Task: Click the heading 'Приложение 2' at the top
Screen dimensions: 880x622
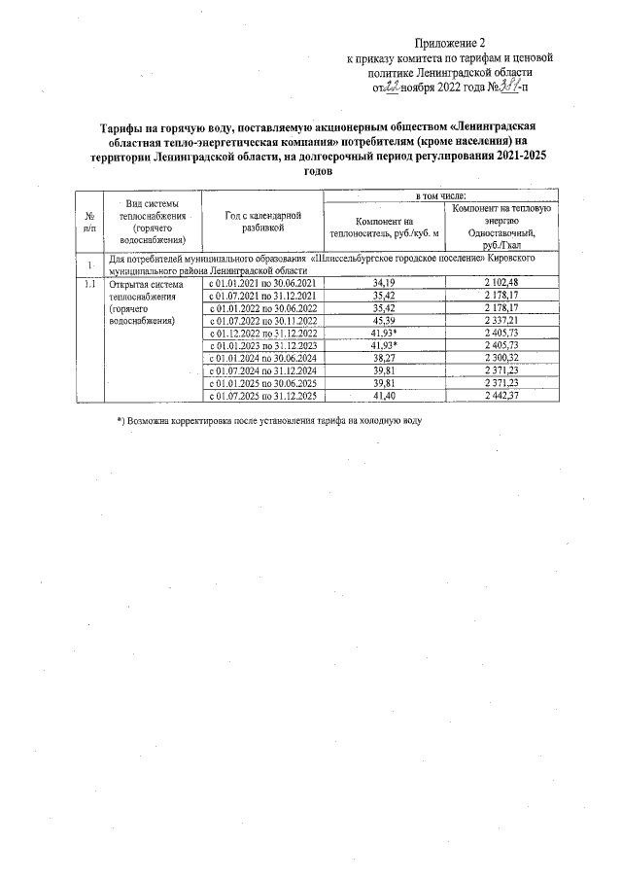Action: (449, 43)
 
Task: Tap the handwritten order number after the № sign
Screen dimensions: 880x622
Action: (501, 87)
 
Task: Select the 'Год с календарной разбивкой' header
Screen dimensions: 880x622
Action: (259, 221)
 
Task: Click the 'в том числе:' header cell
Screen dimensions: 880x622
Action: (441, 197)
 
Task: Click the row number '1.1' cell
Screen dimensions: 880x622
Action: (89, 284)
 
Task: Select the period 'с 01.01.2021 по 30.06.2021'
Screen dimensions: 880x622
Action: (259, 283)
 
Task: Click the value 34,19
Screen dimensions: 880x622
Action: (384, 283)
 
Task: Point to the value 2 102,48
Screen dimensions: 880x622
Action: (501, 283)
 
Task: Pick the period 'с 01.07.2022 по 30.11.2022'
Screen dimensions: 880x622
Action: (259, 320)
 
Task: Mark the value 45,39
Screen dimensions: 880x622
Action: (384, 320)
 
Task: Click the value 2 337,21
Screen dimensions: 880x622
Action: (501, 320)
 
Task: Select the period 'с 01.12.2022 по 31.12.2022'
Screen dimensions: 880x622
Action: (259, 333)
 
